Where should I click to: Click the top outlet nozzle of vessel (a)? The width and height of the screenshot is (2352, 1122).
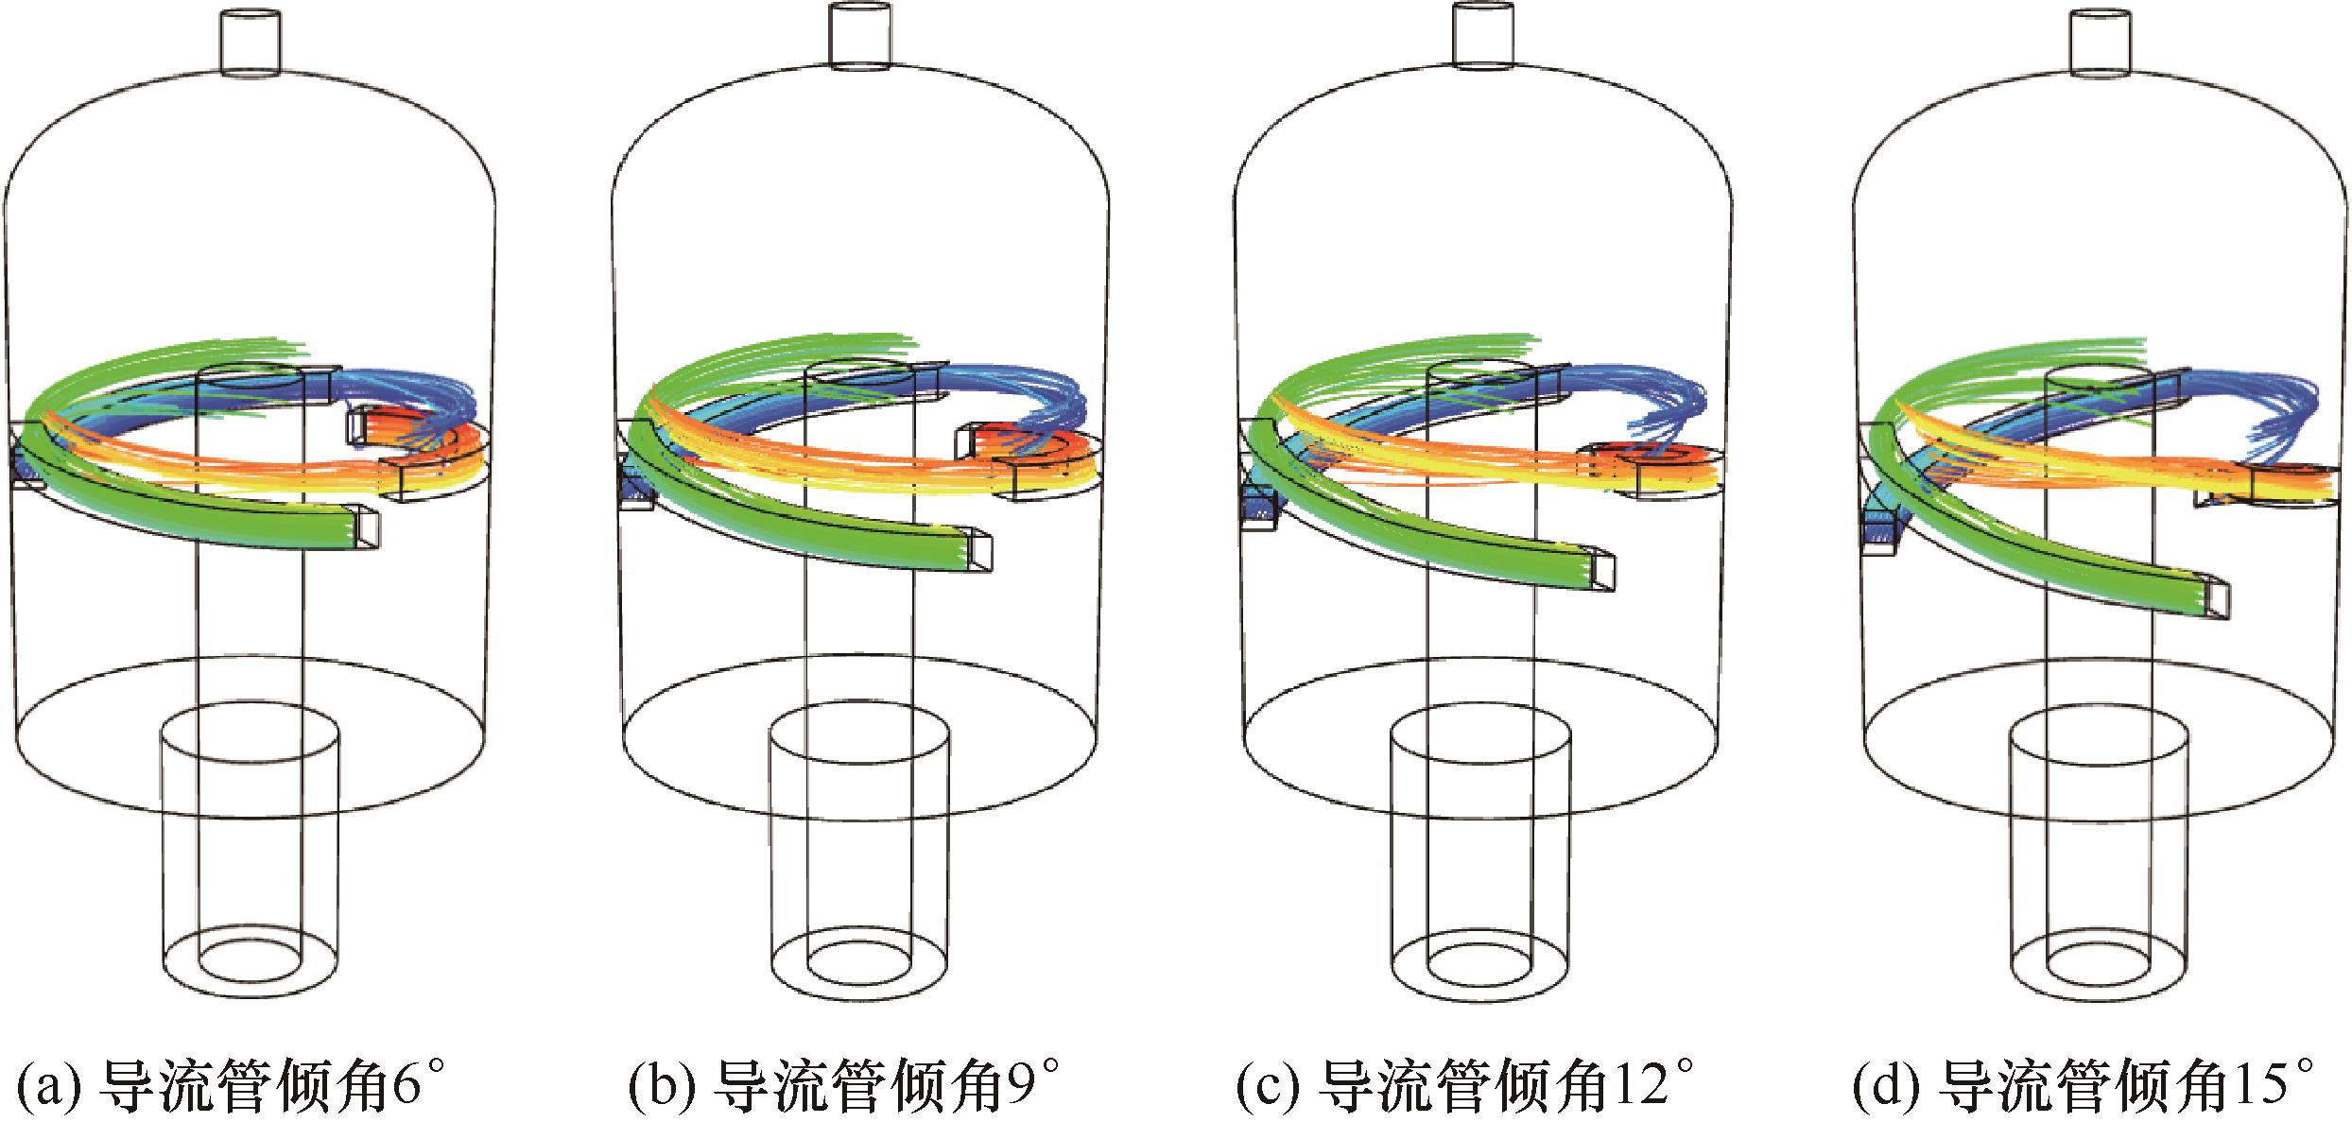pyautogui.click(x=251, y=42)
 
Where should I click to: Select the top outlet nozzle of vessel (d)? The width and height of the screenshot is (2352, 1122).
pyautogui.click(x=2101, y=42)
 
